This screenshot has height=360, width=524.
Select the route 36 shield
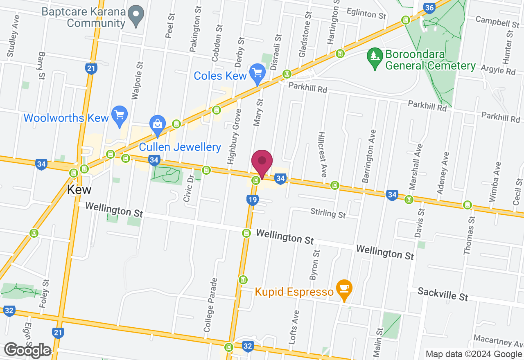click(x=429, y=8)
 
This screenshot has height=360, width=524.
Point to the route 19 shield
click(x=252, y=200)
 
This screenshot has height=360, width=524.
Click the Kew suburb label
click(x=79, y=190)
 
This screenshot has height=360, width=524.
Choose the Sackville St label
click(x=443, y=294)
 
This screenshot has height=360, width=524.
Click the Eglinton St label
click(x=366, y=13)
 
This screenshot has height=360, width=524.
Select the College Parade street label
click(x=209, y=305)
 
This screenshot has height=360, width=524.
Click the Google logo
click(x=28, y=350)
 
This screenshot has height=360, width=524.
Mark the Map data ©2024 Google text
click(x=474, y=354)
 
